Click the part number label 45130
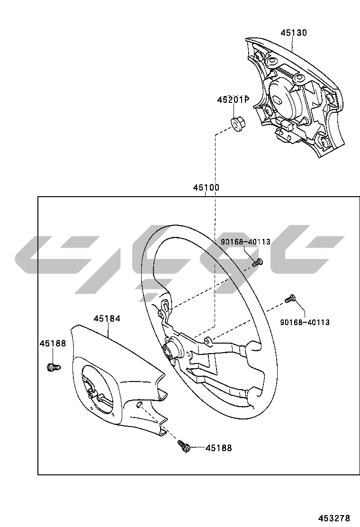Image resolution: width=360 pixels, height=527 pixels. pyautogui.click(x=294, y=33)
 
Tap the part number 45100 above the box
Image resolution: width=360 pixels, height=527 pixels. pyautogui.click(x=206, y=188)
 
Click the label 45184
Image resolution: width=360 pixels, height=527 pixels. pyautogui.click(x=107, y=318)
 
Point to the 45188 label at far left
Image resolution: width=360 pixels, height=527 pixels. pyautogui.click(x=53, y=344)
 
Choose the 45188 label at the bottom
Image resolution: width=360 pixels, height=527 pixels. pyautogui.click(x=219, y=448)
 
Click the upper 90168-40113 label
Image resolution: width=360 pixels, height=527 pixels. pyautogui.click(x=245, y=242)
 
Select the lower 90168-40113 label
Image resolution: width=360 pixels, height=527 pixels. pyautogui.click(x=305, y=322)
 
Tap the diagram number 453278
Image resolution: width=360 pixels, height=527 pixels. pyautogui.click(x=334, y=518)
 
